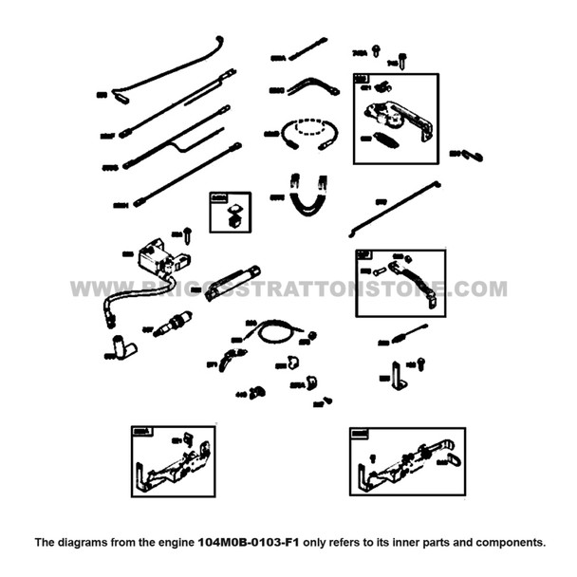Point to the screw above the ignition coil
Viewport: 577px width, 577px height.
(x=188, y=231)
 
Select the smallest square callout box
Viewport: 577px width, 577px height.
(x=230, y=213)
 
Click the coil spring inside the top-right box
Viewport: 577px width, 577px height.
(x=382, y=140)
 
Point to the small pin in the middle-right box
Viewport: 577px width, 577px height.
(x=380, y=271)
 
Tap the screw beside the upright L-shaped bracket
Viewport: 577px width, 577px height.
(x=420, y=363)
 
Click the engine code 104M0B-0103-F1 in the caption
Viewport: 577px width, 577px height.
(x=248, y=543)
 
